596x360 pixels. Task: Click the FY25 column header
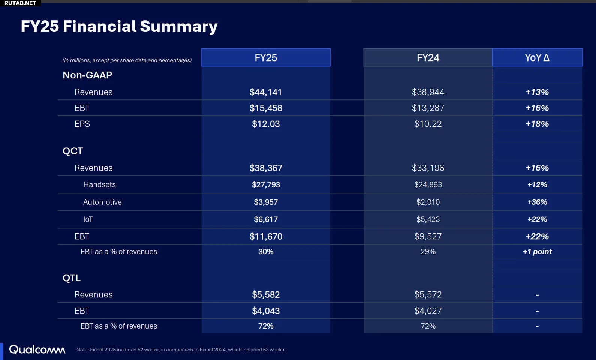point(266,58)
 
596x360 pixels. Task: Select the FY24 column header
point(428,58)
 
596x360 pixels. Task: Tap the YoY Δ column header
point(537,58)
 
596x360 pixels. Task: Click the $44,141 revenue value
point(266,92)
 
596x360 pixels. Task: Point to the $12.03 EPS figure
point(266,124)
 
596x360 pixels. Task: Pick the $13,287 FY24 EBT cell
point(428,108)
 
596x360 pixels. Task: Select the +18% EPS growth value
point(537,124)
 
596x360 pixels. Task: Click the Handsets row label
point(99,185)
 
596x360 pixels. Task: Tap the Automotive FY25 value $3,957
point(266,202)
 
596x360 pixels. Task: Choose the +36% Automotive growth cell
point(537,202)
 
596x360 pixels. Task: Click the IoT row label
point(88,220)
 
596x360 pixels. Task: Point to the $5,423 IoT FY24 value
point(428,220)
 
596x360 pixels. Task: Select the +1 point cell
point(537,252)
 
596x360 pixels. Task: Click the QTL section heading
point(72,278)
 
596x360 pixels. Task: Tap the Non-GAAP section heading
point(87,75)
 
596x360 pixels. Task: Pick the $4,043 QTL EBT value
point(266,311)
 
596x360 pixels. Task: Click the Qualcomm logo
point(37,349)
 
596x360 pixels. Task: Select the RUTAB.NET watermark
point(20,3)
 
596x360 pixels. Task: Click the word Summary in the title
point(178,27)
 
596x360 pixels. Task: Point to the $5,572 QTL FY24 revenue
point(428,295)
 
